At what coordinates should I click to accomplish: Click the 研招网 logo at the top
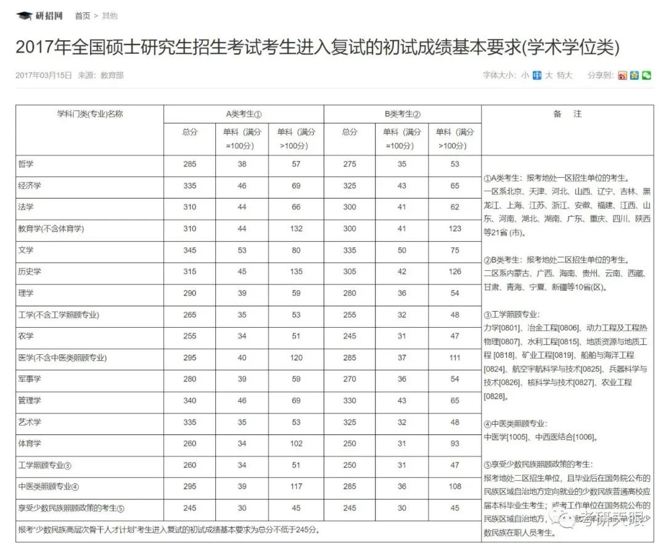[40, 15]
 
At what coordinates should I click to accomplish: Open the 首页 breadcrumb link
[83, 16]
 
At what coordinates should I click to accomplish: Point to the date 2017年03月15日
[43, 75]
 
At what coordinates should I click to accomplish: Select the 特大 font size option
[564, 75]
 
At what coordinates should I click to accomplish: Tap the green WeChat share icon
[646, 75]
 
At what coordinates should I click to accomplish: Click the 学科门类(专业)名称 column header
[89, 114]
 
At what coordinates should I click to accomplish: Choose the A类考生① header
[244, 114]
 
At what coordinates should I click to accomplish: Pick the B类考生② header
[402, 114]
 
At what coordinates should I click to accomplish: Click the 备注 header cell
[567, 114]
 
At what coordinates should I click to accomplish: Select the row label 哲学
[27, 164]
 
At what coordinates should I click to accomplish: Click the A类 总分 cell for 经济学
[190, 186]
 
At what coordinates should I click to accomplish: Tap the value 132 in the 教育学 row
[296, 229]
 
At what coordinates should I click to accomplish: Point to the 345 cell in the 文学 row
[190, 251]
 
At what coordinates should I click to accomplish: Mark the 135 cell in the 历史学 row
[296, 272]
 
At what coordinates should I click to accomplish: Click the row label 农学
[27, 336]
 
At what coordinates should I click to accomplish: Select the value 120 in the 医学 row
[296, 358]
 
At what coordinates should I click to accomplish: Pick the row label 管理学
[30, 401]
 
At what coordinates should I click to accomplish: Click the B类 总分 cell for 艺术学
[350, 422]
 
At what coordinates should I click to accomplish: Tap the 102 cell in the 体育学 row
[296, 444]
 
